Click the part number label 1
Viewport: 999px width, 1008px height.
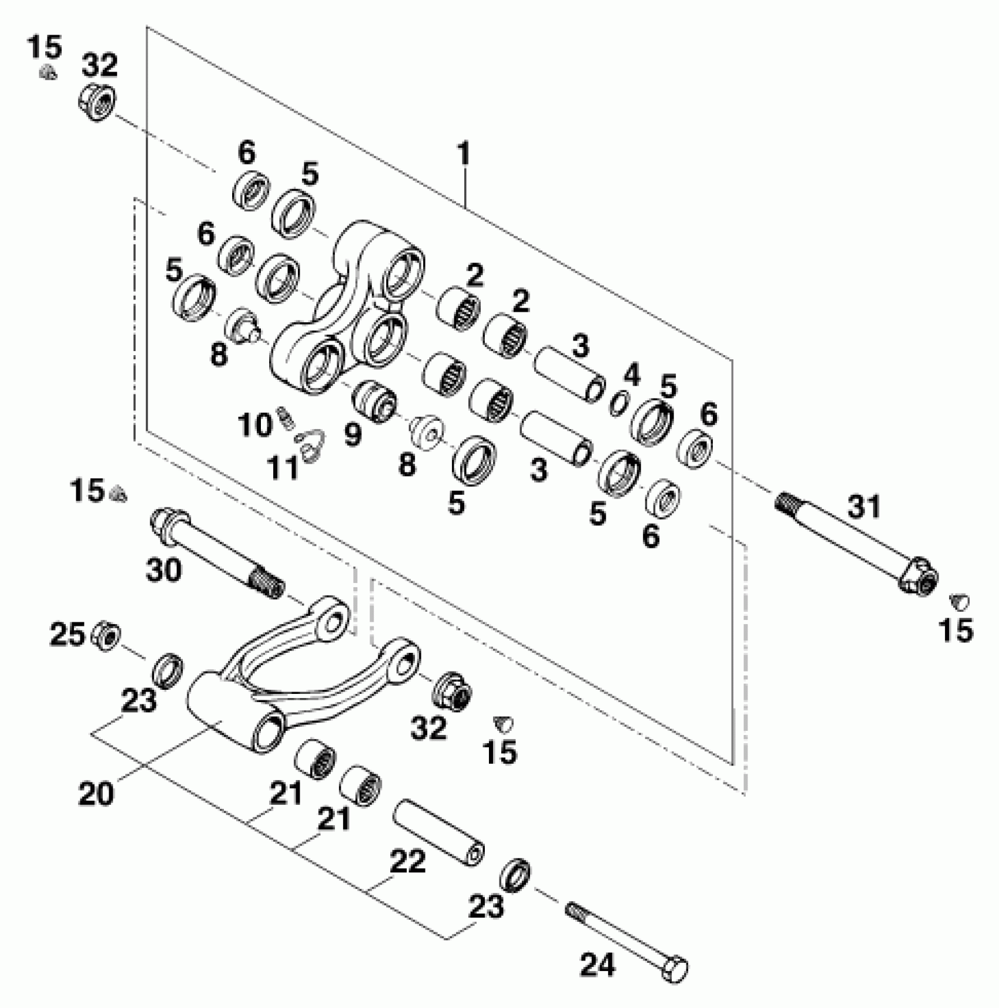tap(464, 154)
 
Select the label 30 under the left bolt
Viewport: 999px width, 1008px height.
tap(163, 569)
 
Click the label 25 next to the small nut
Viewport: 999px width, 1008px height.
tap(68, 634)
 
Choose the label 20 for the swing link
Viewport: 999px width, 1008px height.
tap(96, 794)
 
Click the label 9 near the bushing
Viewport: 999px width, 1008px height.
tap(353, 436)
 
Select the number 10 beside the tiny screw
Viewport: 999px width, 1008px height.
tap(255, 424)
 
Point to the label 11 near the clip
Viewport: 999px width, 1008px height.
tap(284, 468)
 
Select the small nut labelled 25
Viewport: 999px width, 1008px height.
tap(108, 634)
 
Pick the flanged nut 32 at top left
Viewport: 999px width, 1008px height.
tap(96, 102)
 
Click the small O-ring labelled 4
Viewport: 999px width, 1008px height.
tap(617, 403)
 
